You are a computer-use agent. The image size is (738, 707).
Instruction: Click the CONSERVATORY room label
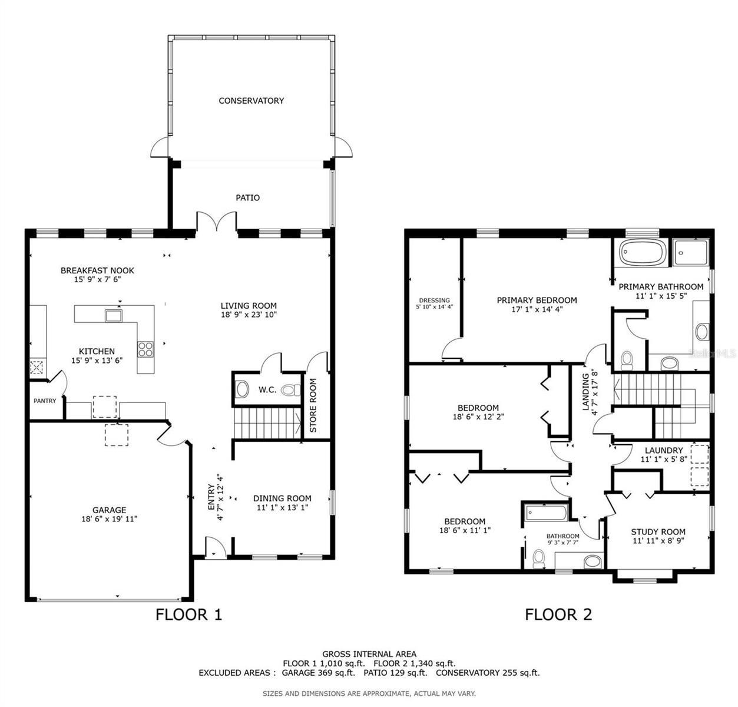(251, 101)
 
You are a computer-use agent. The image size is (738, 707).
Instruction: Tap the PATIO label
(247, 197)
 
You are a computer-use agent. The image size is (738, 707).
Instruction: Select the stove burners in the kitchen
(145, 349)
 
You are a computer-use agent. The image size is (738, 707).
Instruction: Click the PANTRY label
(45, 401)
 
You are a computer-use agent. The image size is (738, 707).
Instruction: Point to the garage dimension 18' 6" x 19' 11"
(110, 519)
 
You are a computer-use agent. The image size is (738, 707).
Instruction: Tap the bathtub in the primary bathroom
(643, 254)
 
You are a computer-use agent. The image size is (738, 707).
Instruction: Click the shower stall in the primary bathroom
(693, 253)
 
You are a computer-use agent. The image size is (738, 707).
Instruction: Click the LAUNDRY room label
(663, 450)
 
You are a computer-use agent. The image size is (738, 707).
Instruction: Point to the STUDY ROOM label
(658, 531)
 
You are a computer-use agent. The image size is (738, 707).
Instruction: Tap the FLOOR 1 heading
(188, 615)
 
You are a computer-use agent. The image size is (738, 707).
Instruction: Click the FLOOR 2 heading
(558, 615)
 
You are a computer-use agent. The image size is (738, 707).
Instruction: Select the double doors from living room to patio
(216, 222)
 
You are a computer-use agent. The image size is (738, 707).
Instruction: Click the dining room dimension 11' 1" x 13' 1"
(282, 507)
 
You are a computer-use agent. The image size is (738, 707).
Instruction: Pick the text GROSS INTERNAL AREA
(369, 653)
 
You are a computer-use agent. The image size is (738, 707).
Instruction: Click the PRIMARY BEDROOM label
(537, 300)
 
